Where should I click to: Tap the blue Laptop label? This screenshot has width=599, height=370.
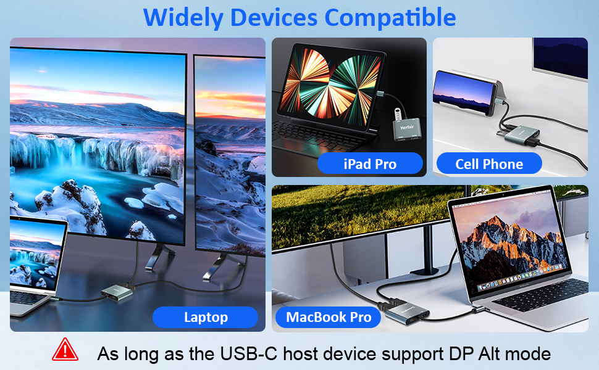click(206, 317)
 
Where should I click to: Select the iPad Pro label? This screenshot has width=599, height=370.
click(370, 163)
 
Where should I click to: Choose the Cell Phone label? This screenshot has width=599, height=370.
click(489, 163)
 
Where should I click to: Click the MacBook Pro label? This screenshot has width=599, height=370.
click(329, 317)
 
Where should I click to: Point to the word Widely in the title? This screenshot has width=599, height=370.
click(183, 17)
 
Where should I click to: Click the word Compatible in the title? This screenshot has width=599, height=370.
click(390, 17)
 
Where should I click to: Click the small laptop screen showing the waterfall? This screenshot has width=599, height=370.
click(37, 252)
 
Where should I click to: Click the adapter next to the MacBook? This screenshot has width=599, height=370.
click(406, 311)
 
